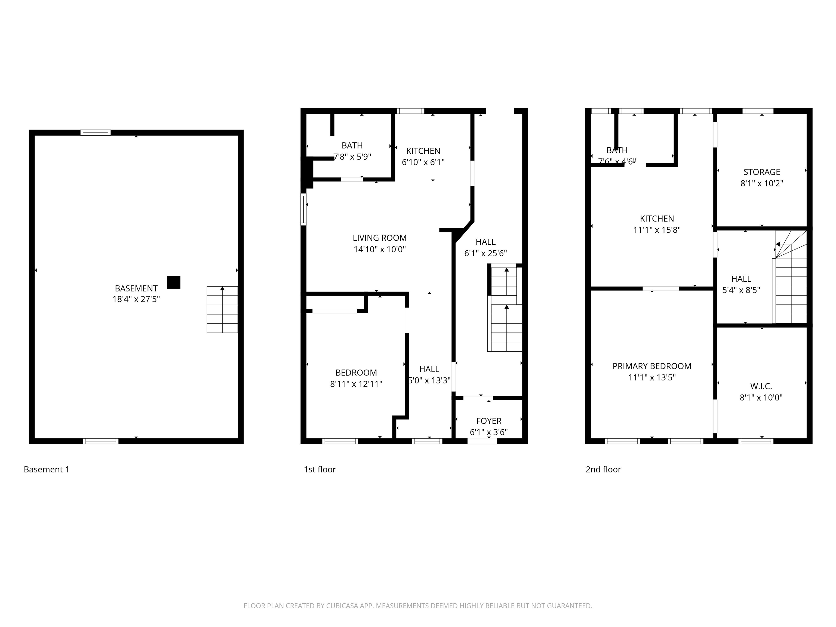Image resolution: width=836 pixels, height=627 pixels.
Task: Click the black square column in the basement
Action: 173,282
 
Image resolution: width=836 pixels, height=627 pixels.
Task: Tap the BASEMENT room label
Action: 136,288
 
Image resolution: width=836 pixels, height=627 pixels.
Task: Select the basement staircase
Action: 222,309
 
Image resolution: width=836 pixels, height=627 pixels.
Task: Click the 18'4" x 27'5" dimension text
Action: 136,299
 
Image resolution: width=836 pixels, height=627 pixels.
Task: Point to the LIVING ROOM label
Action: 379,238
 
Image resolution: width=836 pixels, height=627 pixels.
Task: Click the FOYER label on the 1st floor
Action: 489,421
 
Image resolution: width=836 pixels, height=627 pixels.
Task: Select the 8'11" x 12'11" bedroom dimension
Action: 356,384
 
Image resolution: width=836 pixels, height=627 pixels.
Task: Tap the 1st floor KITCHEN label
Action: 423,151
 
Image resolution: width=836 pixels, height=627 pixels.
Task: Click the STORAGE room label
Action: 761,172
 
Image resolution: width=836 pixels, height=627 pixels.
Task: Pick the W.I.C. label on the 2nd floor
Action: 761,386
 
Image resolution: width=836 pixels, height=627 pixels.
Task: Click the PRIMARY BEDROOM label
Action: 651,366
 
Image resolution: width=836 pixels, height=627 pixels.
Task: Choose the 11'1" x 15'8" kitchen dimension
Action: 657,230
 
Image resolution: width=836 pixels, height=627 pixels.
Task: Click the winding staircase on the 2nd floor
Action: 791,280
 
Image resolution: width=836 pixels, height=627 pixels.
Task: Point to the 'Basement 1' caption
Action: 47,469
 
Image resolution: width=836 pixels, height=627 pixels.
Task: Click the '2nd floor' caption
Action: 603,469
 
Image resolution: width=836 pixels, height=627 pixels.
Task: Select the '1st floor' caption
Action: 320,469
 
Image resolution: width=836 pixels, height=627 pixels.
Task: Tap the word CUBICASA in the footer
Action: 342,606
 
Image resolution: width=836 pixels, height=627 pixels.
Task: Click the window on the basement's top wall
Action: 96,133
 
